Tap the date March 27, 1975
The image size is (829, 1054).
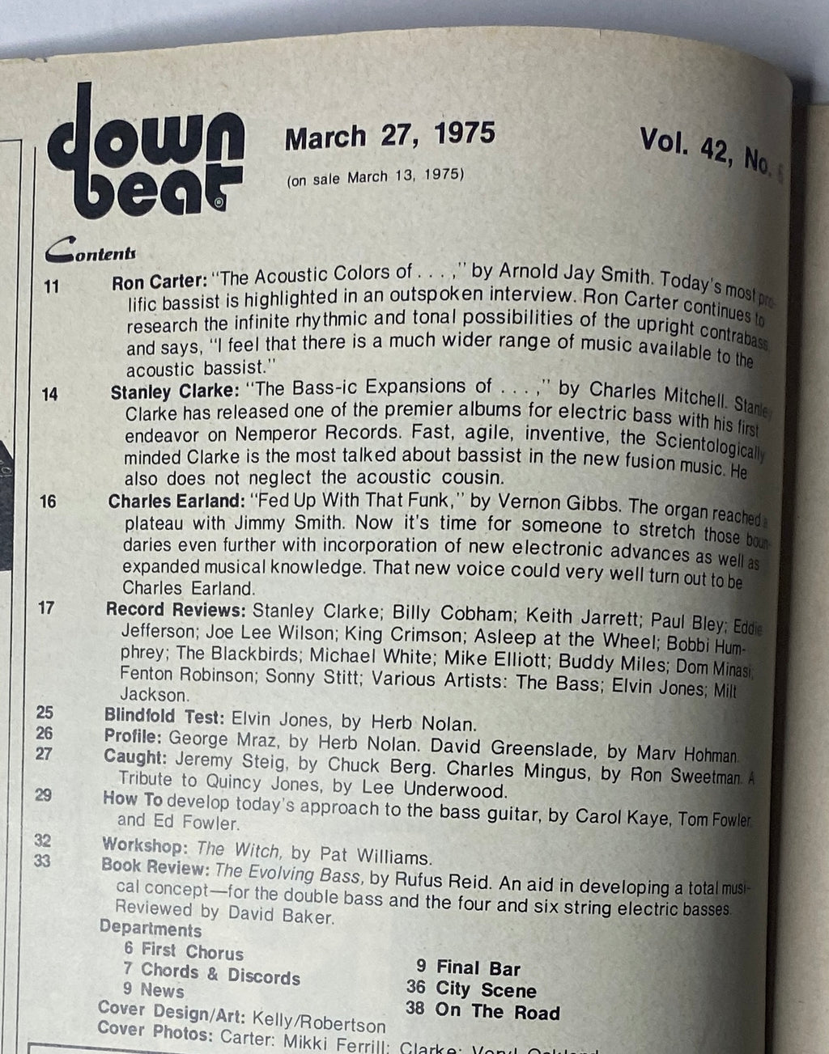389,134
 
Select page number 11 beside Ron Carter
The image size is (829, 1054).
51,286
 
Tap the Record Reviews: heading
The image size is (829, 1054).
176,609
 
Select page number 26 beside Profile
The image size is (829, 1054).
45,734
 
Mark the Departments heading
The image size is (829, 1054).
151,929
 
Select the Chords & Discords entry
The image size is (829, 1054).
220,974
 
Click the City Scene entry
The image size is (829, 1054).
486,990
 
